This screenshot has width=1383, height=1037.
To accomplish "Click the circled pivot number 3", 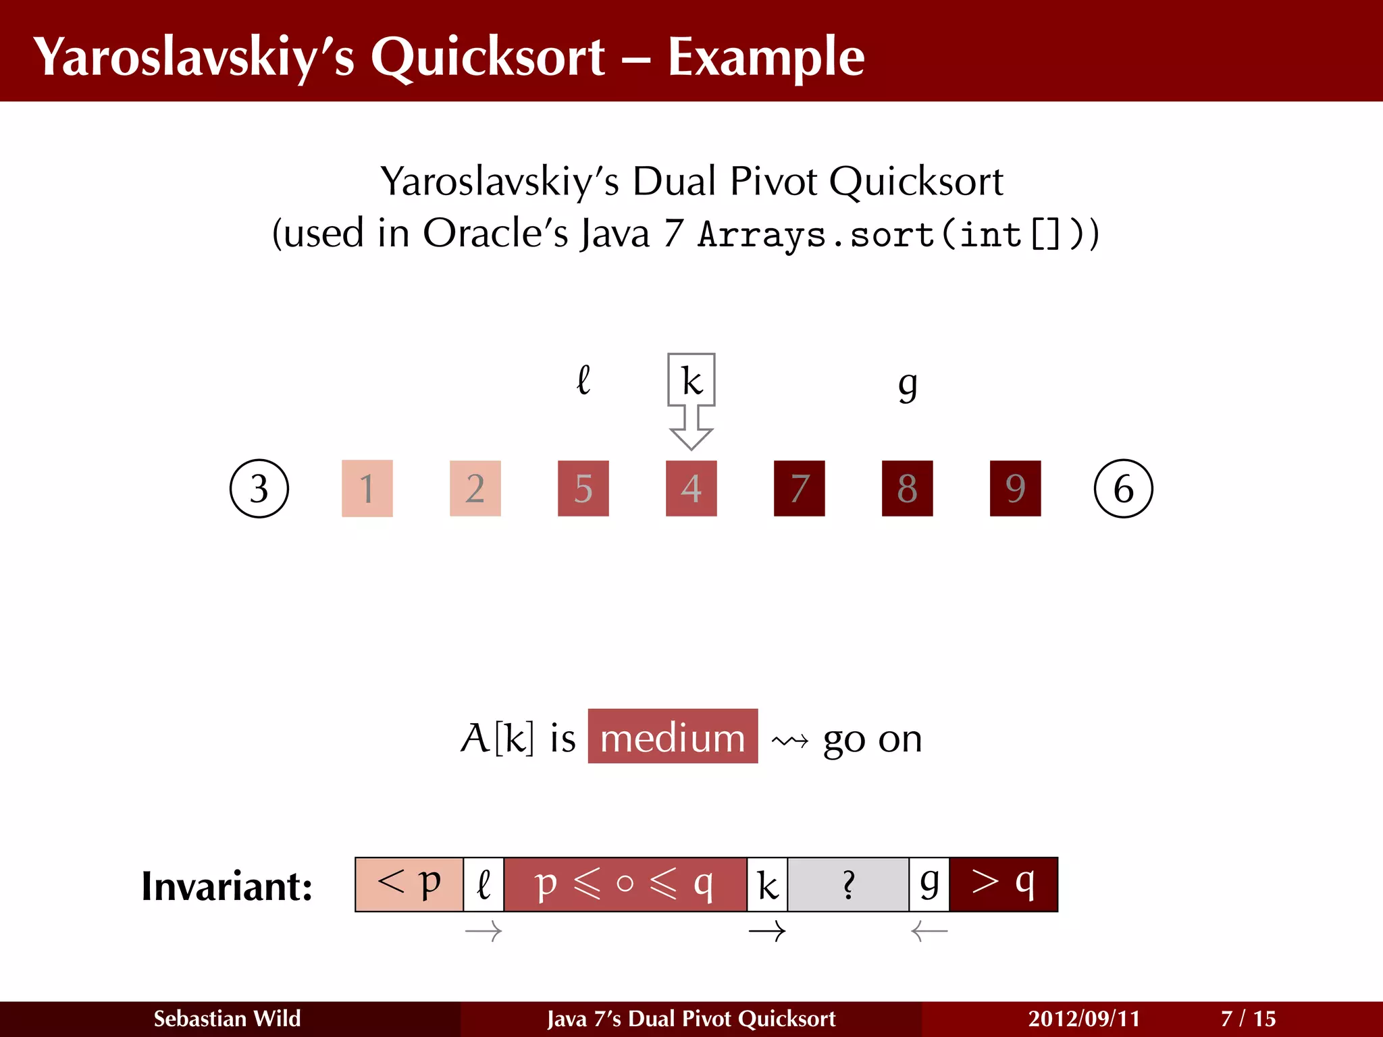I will click(259, 488).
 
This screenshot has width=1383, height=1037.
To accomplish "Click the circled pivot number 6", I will click(1123, 488).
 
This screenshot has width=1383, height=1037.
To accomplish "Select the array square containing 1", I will click(367, 488).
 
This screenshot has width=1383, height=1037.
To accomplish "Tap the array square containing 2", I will click(475, 488).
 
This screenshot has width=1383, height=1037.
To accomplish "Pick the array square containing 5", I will click(583, 488).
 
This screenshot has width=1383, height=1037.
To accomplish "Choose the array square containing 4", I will click(691, 488).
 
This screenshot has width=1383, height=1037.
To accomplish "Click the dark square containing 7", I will click(800, 488).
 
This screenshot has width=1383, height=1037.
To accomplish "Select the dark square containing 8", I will click(908, 488).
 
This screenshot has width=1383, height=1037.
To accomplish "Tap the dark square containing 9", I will click(1016, 488).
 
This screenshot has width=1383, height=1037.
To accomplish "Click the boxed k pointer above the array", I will click(691, 380).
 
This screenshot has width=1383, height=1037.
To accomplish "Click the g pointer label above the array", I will click(908, 385).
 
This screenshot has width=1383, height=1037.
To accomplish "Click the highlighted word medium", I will click(673, 737).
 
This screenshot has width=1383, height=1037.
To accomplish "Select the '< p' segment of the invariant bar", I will click(409, 884).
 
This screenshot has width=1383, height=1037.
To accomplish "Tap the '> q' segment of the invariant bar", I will click(1003, 884).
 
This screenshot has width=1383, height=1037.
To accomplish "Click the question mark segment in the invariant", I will click(848, 884).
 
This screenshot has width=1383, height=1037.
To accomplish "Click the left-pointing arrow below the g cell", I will click(929, 932).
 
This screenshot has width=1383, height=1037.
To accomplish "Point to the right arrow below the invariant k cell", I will click(767, 932).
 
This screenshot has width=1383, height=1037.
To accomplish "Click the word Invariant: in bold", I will click(227, 886).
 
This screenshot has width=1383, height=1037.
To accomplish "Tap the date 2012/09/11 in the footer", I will click(1084, 1018).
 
